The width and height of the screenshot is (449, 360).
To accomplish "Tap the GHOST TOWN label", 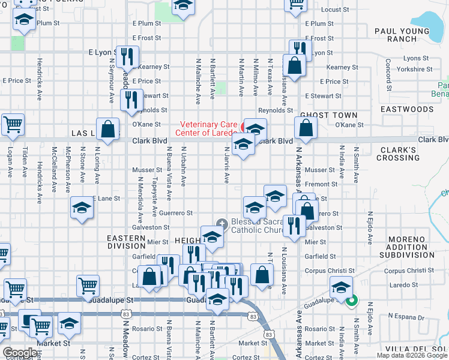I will (328, 115).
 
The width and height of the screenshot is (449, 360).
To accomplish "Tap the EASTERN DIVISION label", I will (126, 242).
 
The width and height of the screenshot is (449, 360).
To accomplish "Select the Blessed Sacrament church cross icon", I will (222, 223).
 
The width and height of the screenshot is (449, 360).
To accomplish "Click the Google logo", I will (19, 352).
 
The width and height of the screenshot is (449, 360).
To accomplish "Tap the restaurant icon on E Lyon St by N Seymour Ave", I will (127, 57).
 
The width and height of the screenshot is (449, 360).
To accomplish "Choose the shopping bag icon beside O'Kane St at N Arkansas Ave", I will (306, 127).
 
